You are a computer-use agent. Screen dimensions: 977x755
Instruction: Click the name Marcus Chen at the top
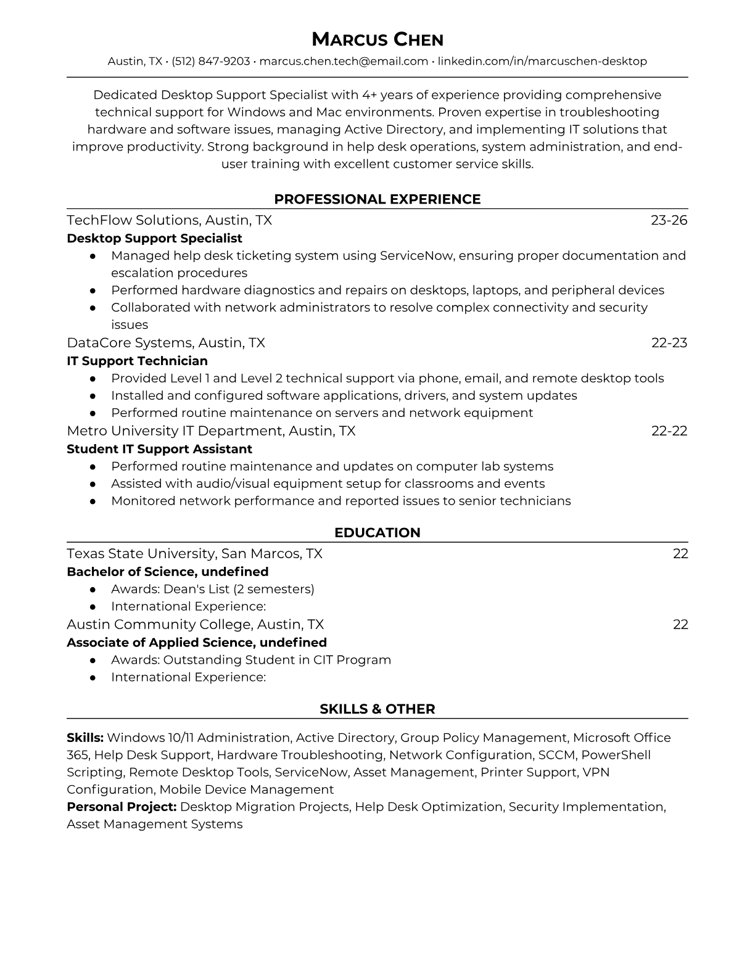point(377,40)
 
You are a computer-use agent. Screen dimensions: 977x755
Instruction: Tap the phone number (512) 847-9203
point(210,61)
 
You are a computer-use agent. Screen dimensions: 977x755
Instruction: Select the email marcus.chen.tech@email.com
point(344,61)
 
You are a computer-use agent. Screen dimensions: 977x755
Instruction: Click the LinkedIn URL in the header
point(542,61)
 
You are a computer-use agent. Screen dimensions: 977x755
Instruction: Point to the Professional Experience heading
point(377,199)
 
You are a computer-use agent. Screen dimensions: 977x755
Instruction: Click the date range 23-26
point(669,220)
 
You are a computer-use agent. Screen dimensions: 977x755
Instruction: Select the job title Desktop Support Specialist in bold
point(154,238)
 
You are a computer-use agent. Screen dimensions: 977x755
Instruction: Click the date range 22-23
point(669,342)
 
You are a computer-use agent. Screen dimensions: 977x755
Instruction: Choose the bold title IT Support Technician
point(137,361)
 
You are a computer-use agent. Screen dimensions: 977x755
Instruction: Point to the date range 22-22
point(669,431)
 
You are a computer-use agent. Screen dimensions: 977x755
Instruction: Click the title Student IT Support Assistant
point(159,449)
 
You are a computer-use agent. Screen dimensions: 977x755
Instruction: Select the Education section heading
point(377,533)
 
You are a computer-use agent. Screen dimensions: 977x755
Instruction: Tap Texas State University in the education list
point(141,553)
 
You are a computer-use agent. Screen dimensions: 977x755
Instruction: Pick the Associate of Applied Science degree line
point(196,642)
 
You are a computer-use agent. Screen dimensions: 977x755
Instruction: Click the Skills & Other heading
point(377,709)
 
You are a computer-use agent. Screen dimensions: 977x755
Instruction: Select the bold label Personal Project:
point(122,807)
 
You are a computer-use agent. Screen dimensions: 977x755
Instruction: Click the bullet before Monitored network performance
point(93,501)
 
